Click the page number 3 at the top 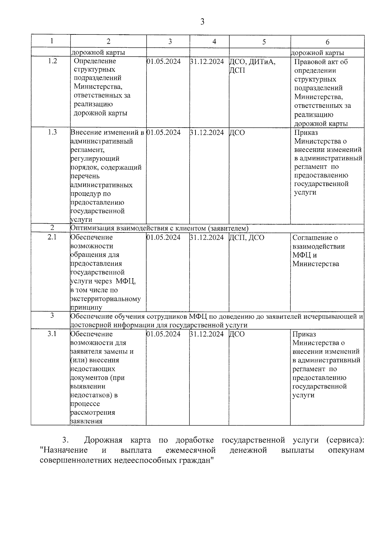pos(202,22)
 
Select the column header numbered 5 pos(264,42)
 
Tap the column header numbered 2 pos(108,41)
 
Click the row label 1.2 pos(52,61)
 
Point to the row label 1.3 pos(52,132)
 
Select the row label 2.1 pos(52,237)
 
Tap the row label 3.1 pos(52,334)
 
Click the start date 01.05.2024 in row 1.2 pos(164,61)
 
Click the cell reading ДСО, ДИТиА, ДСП pos(252,66)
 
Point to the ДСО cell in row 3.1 pos(237,334)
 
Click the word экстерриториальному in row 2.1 pos(105,298)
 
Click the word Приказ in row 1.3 pos(306,133)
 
